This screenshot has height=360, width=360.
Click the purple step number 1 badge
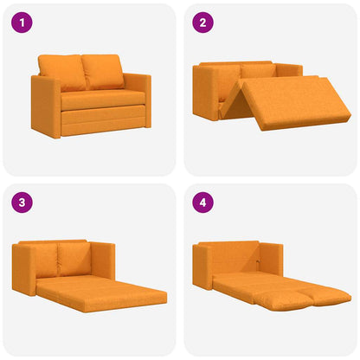pyautogui.click(x=22, y=22)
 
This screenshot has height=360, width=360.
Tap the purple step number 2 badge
pyautogui.click(x=202, y=22)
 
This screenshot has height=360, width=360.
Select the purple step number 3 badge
pyautogui.click(x=22, y=203)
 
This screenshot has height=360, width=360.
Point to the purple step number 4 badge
pyautogui.click(x=202, y=203)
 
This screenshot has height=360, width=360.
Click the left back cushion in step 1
pyautogui.click(x=62, y=73)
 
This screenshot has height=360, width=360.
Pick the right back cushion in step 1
pyautogui.click(x=103, y=72)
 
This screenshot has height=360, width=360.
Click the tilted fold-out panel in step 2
pyautogui.click(x=294, y=104)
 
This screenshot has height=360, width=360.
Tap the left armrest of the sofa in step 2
pyautogui.click(x=209, y=93)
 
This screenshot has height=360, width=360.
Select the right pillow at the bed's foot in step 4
pyautogui.click(x=325, y=299)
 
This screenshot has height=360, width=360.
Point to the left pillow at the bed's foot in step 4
pyautogui.click(x=278, y=299)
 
